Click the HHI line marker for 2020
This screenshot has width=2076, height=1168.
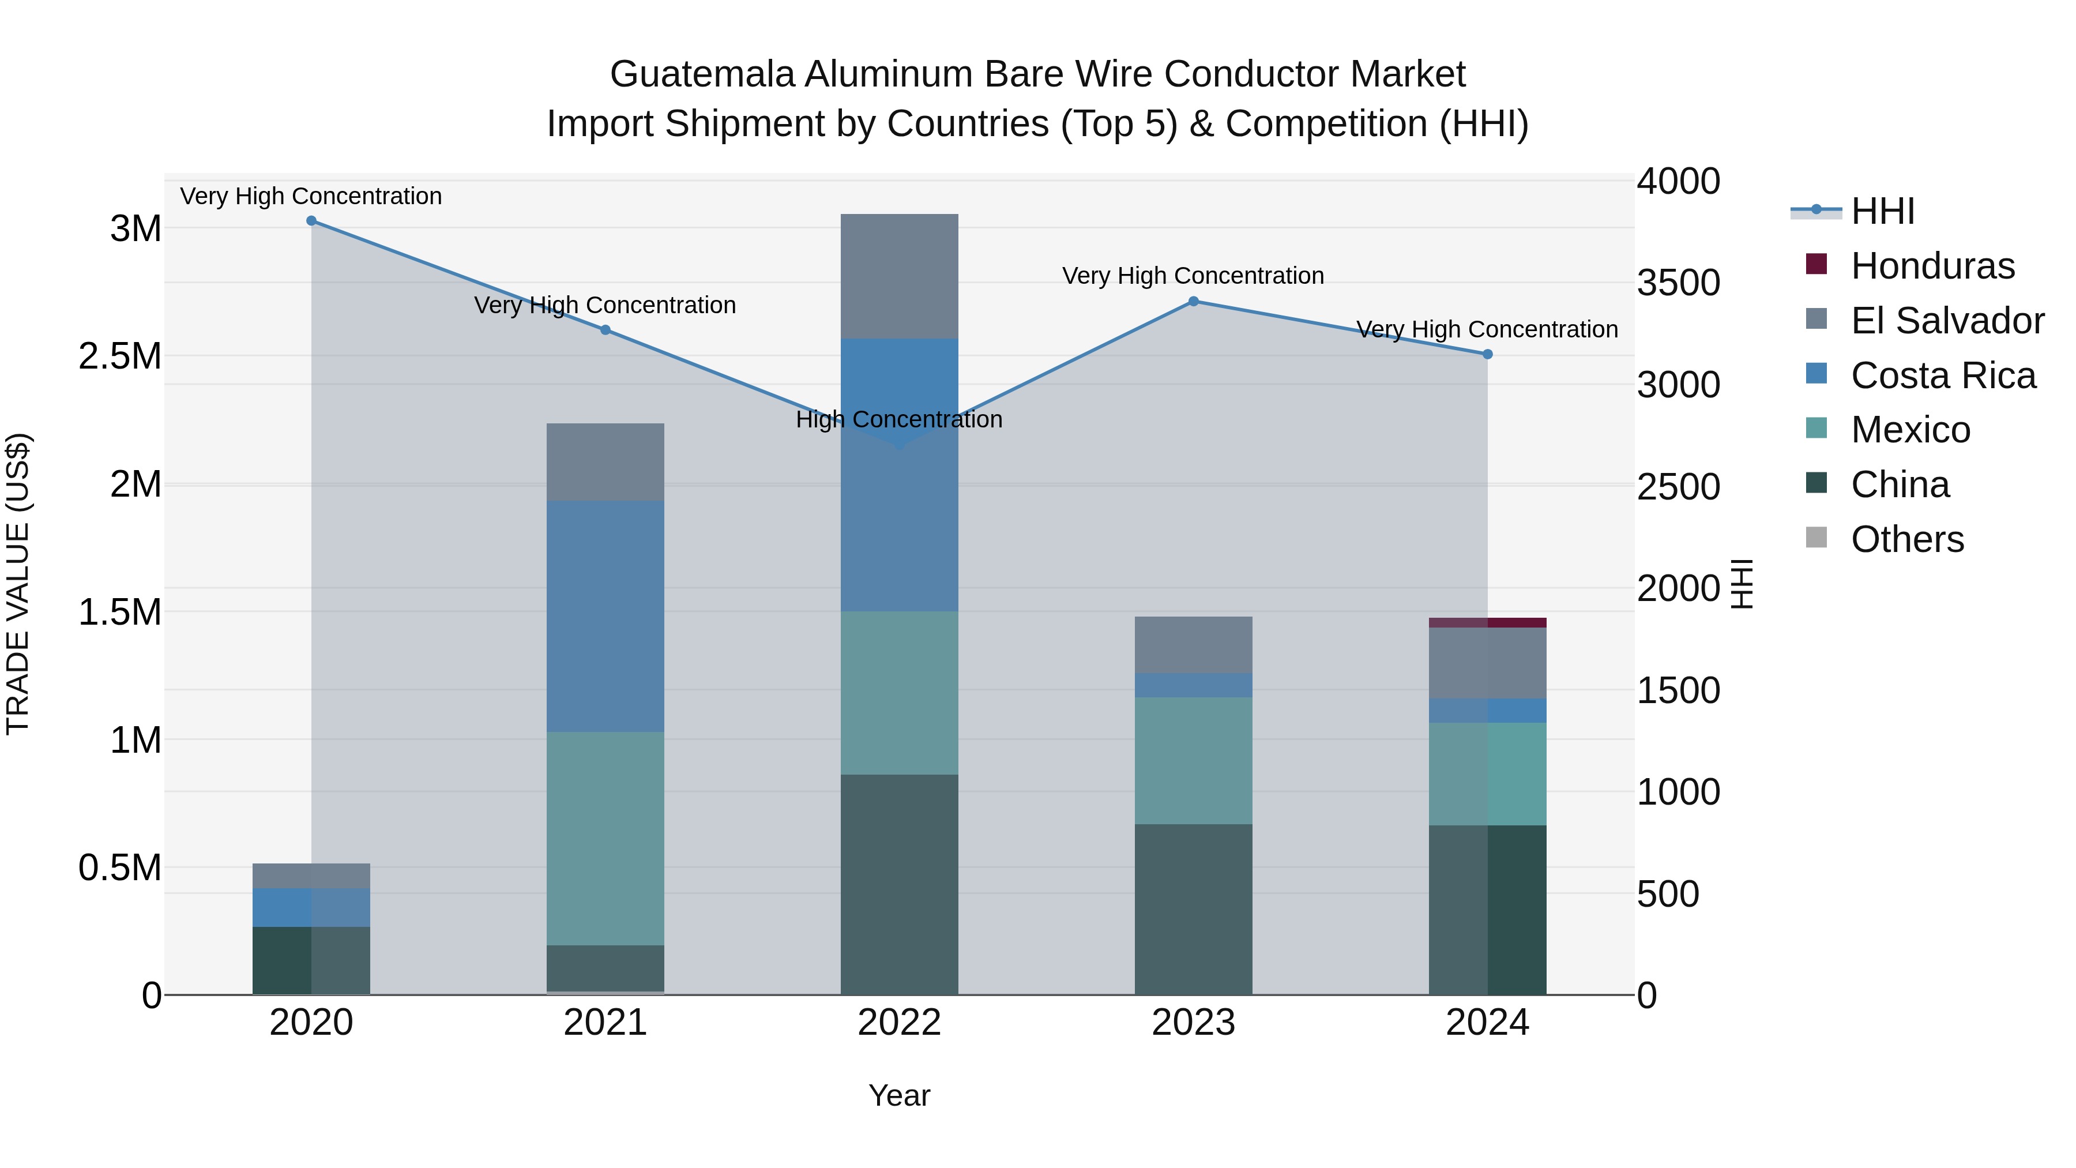(x=311, y=221)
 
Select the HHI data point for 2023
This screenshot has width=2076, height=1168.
(x=1194, y=302)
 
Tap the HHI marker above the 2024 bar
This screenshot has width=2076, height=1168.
(x=1488, y=355)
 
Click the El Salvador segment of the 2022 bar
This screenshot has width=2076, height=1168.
(x=900, y=276)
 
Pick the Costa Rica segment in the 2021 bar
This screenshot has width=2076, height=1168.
(x=605, y=616)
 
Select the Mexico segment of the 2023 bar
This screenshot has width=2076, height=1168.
(x=1194, y=760)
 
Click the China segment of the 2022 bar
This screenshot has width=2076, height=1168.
(x=900, y=884)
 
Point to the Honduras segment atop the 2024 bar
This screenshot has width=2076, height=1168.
(x=1488, y=622)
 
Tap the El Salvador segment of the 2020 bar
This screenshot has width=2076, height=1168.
(x=311, y=876)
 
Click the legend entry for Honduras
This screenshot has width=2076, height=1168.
(x=1932, y=266)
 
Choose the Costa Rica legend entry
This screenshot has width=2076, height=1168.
(x=1942, y=375)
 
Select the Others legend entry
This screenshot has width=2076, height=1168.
(x=1907, y=539)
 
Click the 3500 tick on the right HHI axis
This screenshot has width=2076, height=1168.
(x=1678, y=283)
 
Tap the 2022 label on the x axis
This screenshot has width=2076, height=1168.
(x=900, y=1023)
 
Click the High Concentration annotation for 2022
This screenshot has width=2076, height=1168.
(x=900, y=420)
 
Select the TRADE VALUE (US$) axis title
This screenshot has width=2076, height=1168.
(x=18, y=584)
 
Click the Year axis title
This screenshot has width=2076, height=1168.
(x=900, y=1095)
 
